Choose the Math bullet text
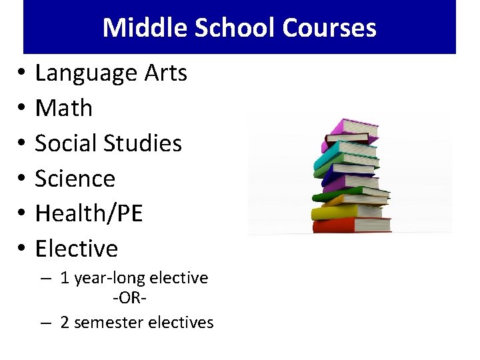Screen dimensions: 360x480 pyautogui.click(x=63, y=108)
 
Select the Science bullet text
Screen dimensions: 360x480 pyautogui.click(x=75, y=179)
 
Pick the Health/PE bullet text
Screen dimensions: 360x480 pyautogui.click(x=89, y=214)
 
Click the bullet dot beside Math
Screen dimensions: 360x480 pyautogui.click(x=22, y=109)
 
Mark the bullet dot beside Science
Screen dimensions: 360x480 pyautogui.click(x=22, y=179)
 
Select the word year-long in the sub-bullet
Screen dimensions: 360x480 pyautogui.click(x=105, y=278)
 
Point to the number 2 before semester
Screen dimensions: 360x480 pyautogui.click(x=65, y=323)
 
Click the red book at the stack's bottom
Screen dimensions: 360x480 pyautogui.click(x=351, y=225)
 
